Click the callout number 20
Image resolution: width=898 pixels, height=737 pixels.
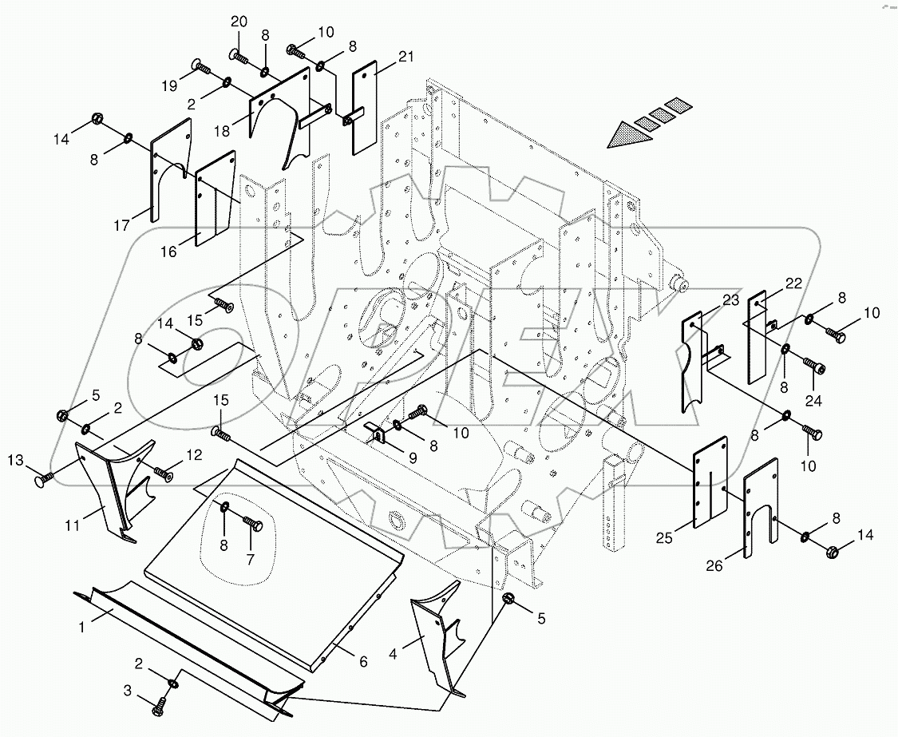pyautogui.click(x=240, y=21)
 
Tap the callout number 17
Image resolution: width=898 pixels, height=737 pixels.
pyautogui.click(x=121, y=227)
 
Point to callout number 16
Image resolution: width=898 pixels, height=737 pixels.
pyautogui.click(x=168, y=252)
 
